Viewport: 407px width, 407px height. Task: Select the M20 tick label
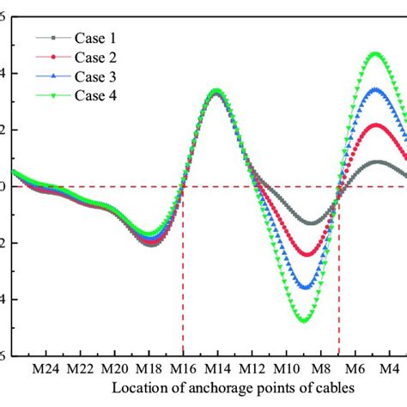(x=114, y=368)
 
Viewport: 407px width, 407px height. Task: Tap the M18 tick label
(x=149, y=368)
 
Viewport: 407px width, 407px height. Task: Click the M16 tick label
(x=183, y=368)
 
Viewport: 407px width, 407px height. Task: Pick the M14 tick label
(x=217, y=368)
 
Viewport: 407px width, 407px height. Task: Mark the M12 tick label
(x=252, y=368)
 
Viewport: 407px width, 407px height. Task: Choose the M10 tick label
(x=286, y=368)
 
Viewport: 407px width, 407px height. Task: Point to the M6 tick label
(x=357, y=368)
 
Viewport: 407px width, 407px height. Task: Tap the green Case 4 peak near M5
(x=374, y=54)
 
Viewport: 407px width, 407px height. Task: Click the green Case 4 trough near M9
(x=306, y=320)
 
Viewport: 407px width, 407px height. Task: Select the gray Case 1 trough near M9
(x=309, y=223)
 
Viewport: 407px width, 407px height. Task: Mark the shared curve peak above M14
(x=216, y=90)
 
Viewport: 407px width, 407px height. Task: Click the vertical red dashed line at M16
(x=183, y=275)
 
